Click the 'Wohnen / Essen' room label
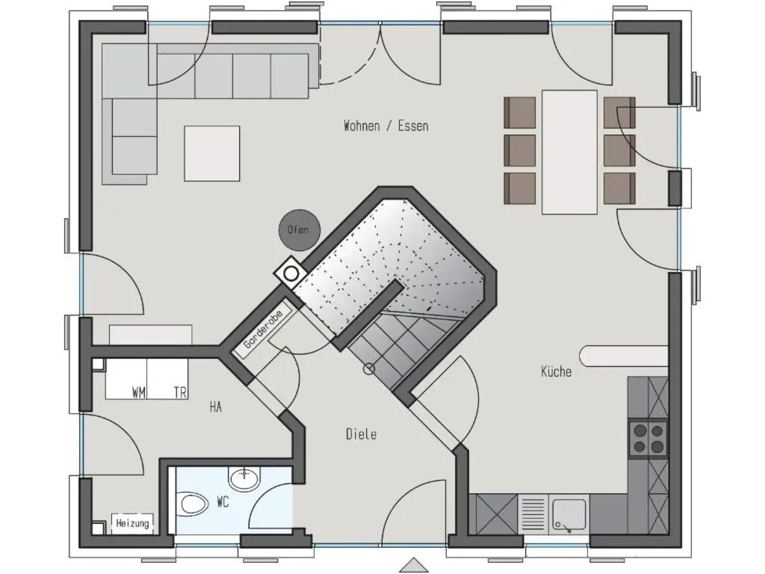(x=386, y=126)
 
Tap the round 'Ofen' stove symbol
(x=298, y=230)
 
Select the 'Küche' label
(x=556, y=372)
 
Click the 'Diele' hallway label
(x=361, y=434)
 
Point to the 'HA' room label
(x=215, y=408)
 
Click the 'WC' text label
(x=223, y=502)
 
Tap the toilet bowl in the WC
(x=193, y=503)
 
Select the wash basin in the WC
(x=244, y=479)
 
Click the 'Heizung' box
(x=132, y=524)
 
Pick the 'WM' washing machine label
(x=139, y=393)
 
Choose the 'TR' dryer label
(x=180, y=393)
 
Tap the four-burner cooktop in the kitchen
(x=648, y=438)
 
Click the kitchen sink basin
(x=569, y=514)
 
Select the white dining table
(x=569, y=152)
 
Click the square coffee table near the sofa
(x=212, y=154)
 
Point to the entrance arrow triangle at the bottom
(x=413, y=565)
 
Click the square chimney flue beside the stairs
(x=291, y=274)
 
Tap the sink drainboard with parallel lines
(x=533, y=514)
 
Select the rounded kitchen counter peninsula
(x=622, y=356)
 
